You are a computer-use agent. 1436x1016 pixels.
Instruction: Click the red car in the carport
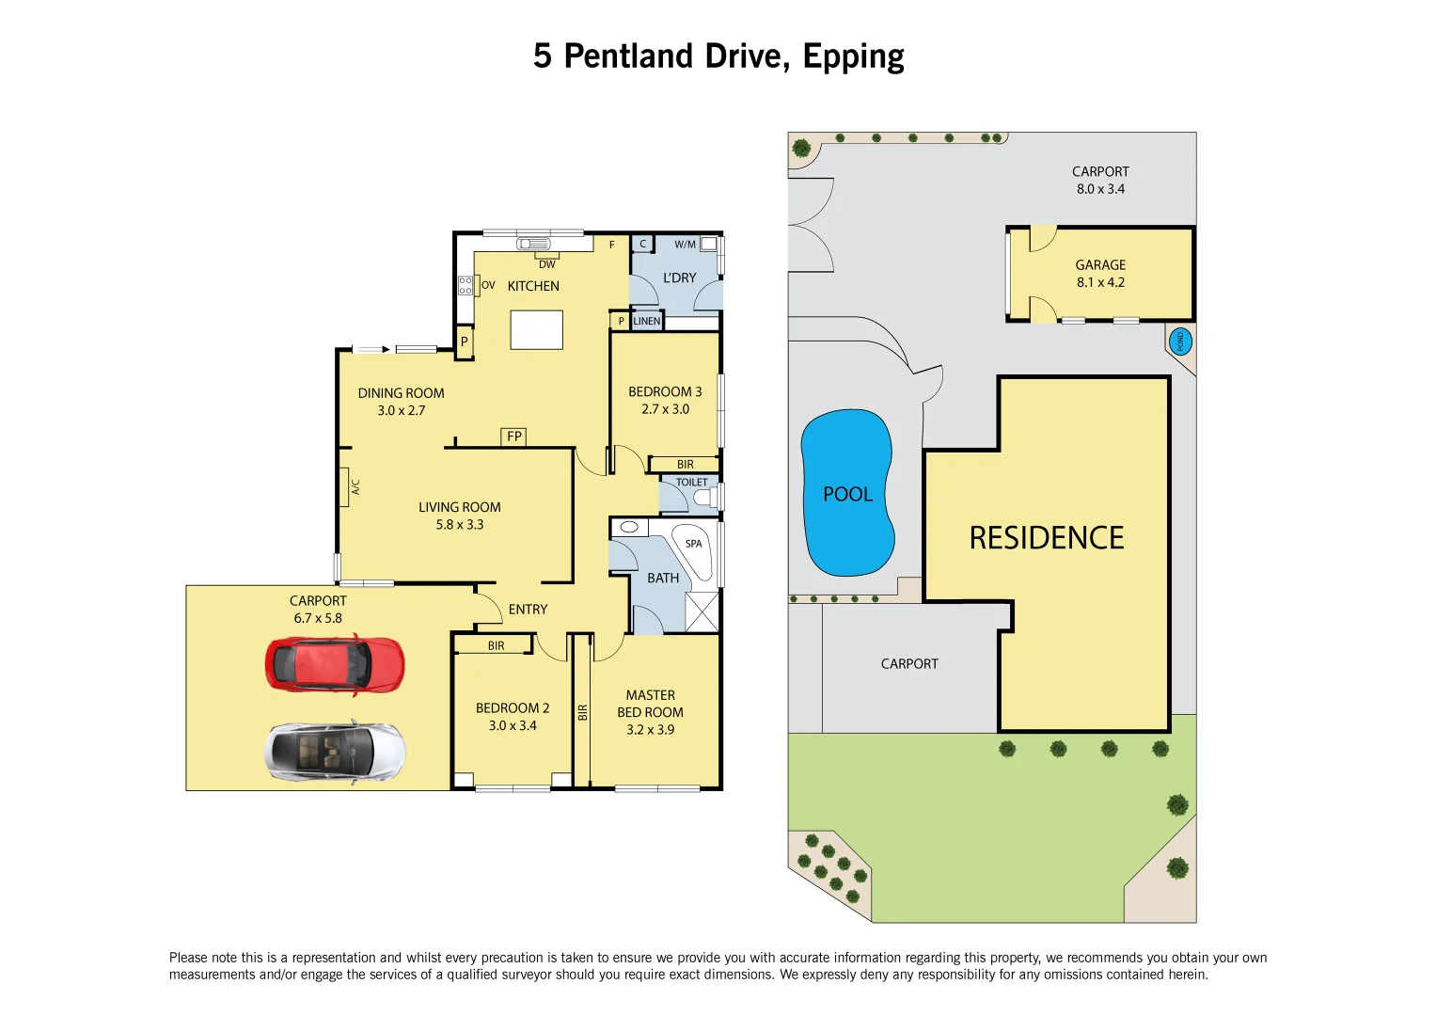coord(335,664)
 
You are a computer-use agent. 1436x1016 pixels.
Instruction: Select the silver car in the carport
coord(335,752)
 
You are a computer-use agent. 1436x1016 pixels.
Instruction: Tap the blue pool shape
coord(846,493)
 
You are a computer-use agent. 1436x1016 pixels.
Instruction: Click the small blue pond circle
coord(1179,341)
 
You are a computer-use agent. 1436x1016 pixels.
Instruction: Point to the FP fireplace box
coord(513,437)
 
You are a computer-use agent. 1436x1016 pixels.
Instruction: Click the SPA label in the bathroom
coord(693,544)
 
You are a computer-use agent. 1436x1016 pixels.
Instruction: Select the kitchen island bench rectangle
coord(536,330)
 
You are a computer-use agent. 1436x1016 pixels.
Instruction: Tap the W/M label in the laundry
coord(685,245)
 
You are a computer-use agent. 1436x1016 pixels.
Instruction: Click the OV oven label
coord(488,285)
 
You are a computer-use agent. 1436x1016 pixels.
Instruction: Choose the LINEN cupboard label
coord(647,321)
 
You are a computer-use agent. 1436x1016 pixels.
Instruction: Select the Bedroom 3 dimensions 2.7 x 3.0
coord(665,409)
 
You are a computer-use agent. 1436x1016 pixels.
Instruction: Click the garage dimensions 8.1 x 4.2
coord(1100,282)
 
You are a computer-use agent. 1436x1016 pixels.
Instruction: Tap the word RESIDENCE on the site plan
coord(1046,538)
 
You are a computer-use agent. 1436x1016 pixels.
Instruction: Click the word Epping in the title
coord(853,57)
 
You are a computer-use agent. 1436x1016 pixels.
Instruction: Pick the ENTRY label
coord(528,610)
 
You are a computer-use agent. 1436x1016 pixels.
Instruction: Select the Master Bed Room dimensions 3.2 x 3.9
coord(650,730)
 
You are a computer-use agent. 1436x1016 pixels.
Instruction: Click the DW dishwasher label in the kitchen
coord(546,264)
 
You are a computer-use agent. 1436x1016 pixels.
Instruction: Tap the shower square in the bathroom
coord(702,611)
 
